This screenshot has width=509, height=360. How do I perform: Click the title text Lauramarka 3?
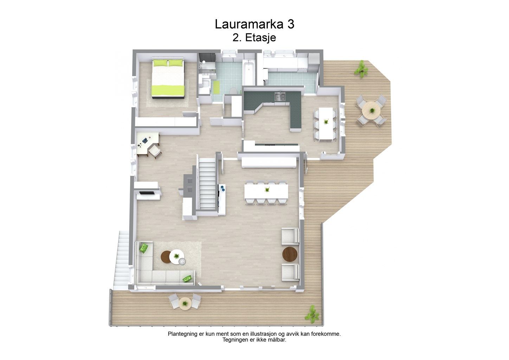click(x=254, y=24)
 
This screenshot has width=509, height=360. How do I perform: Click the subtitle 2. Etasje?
click(x=254, y=38)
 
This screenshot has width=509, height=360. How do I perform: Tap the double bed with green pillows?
click(x=168, y=78)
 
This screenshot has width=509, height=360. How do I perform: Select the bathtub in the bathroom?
click(x=249, y=72)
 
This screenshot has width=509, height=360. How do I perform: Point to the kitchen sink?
click(x=280, y=96)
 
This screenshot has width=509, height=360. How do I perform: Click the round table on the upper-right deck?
click(x=371, y=110)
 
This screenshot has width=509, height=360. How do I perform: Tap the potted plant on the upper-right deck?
click(x=361, y=68)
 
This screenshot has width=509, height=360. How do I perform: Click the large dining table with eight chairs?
click(x=266, y=192)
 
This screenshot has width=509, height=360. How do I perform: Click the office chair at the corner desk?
click(x=155, y=151)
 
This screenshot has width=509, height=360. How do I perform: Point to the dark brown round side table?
click(x=290, y=254)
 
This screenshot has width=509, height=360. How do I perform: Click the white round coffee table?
click(x=176, y=257)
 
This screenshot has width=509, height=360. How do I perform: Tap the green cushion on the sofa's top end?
click(x=144, y=247)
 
